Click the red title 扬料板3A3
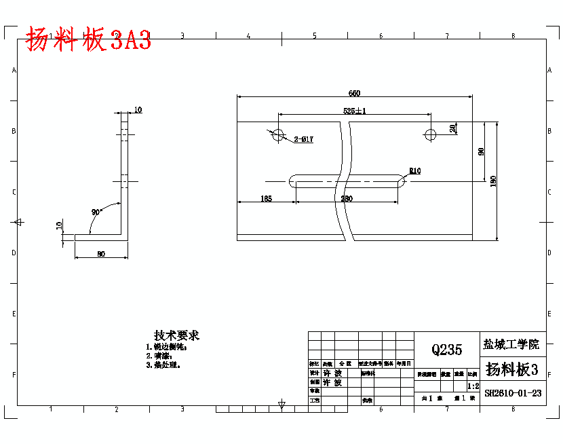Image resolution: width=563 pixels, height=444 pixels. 88,41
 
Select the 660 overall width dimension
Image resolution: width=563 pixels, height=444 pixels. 354,93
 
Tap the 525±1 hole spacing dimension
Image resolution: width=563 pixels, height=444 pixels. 355,111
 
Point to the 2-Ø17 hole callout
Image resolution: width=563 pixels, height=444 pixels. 303,140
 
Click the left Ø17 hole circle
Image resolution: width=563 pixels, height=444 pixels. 277,134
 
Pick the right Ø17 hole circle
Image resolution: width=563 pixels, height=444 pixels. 429,134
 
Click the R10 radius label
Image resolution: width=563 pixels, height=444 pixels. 414,171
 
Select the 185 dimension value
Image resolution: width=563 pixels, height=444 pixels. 266,198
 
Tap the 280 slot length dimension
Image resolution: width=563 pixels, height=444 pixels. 347,198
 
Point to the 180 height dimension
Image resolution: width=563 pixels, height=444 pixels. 493,181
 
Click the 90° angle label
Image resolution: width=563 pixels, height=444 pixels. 96,212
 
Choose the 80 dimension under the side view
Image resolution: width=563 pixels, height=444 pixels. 101,254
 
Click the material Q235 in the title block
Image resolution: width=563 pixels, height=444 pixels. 446,350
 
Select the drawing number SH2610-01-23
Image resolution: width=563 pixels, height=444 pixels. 513,392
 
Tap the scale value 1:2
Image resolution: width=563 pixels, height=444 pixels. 473,386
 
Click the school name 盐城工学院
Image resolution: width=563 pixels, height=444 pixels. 512,344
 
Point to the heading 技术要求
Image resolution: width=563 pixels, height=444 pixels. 176,335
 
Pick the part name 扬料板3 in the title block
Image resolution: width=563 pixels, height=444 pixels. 512,369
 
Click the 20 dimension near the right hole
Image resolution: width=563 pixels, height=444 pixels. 453,128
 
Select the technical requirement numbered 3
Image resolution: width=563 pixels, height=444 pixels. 163,365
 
